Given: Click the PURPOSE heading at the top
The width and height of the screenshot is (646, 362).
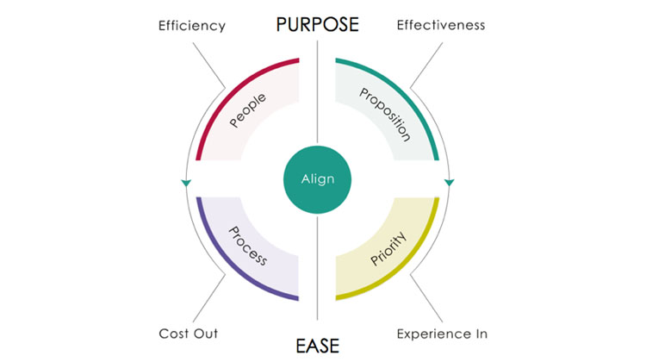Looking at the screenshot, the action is point(317,24).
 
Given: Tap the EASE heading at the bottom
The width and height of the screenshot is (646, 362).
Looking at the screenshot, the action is point(317,346).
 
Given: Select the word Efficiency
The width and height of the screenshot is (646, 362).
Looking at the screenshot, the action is point(192,26).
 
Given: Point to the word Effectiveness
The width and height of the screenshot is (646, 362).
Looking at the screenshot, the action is point(441,25).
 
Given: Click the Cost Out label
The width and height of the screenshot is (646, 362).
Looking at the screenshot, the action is point(189,334).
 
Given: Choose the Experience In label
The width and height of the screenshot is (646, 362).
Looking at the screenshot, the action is point(442,334).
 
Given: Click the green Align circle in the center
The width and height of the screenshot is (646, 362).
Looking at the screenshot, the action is point(317,180).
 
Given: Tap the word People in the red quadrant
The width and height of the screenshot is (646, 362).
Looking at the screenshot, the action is point(247,110).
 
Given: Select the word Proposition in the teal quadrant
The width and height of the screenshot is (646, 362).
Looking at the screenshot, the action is point(385,115).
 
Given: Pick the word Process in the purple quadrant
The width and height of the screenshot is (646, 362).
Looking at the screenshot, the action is point(248,246).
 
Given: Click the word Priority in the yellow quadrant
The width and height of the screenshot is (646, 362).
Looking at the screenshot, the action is point(388,248).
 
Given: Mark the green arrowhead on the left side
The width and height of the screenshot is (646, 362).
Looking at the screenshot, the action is point(186,183).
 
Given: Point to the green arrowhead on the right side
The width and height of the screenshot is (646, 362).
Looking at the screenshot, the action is point(449,182).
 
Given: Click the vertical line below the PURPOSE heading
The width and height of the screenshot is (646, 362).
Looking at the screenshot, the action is point(317,91).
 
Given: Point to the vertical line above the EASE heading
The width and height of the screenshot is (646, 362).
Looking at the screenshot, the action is point(317,268).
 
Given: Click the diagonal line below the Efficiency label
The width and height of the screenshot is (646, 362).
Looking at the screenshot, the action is point(209,66).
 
